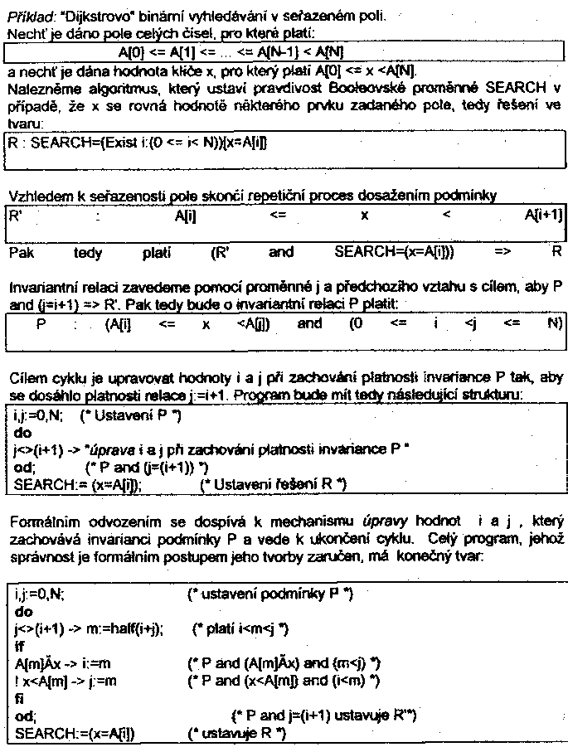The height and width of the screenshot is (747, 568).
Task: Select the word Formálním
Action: tap(41, 522)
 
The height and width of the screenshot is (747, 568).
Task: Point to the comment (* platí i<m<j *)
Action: tap(240, 629)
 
